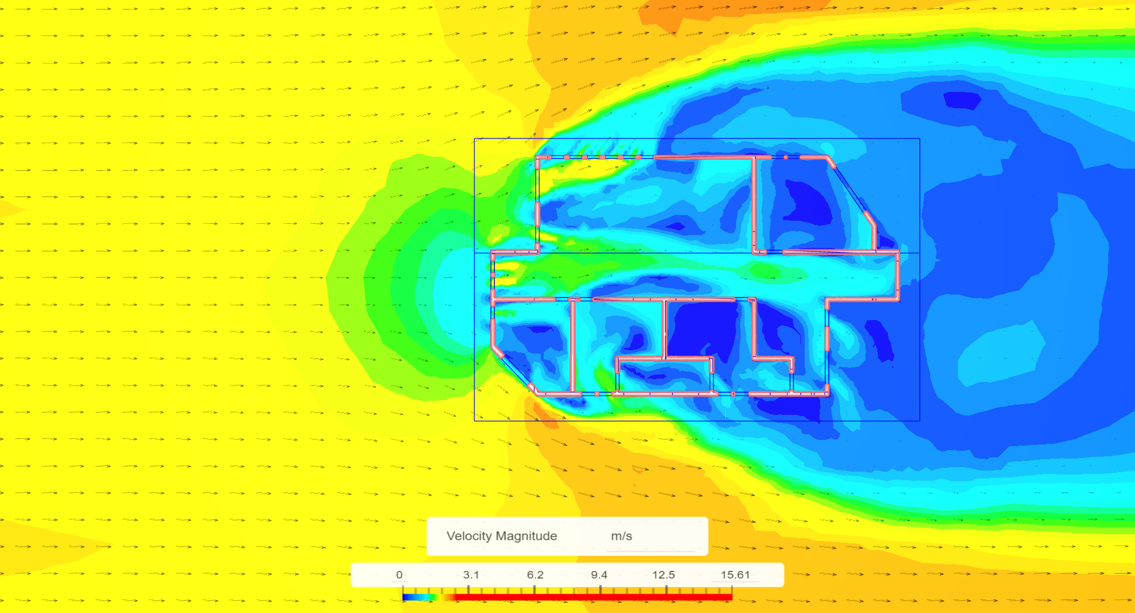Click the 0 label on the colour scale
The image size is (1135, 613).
(x=399, y=575)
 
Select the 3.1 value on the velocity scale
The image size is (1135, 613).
(x=471, y=575)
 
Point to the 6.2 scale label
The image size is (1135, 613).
(x=535, y=575)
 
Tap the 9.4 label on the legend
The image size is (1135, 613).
(x=599, y=575)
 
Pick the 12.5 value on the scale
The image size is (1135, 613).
(x=663, y=575)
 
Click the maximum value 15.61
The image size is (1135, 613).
(x=735, y=575)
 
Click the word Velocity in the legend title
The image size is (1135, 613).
(x=469, y=536)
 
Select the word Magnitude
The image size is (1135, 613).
(x=527, y=536)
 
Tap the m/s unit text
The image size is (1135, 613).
(x=621, y=536)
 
